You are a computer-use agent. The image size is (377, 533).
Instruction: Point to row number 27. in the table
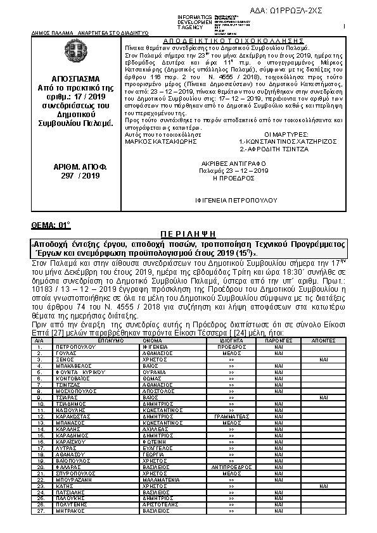pos(41,510)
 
